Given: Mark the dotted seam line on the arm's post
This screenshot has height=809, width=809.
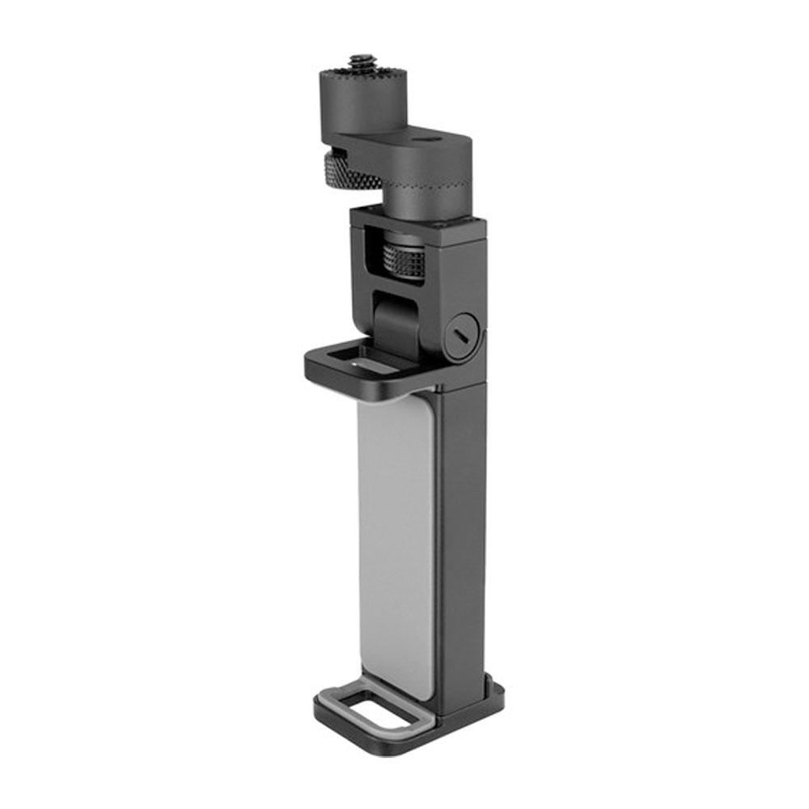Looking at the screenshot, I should coord(437,194).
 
